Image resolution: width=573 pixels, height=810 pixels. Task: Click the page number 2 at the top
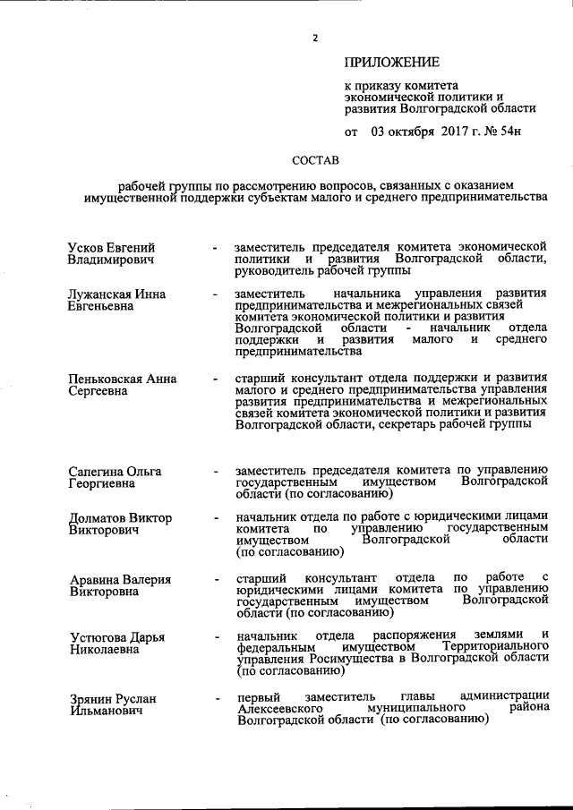click(x=315, y=38)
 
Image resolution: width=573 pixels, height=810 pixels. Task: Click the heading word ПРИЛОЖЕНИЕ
click(x=392, y=63)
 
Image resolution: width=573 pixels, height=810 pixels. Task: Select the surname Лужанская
click(x=105, y=293)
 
